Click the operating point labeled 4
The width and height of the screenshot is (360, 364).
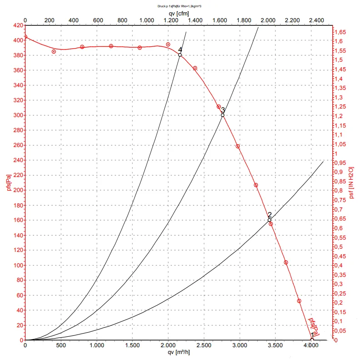point(180,55)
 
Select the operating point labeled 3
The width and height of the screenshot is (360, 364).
point(222,115)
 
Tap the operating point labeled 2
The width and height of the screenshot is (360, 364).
point(269,220)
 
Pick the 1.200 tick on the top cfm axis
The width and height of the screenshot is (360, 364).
point(171,20)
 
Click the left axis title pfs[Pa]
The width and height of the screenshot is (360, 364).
point(7,183)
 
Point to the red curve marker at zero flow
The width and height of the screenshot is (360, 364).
point(25,37)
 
